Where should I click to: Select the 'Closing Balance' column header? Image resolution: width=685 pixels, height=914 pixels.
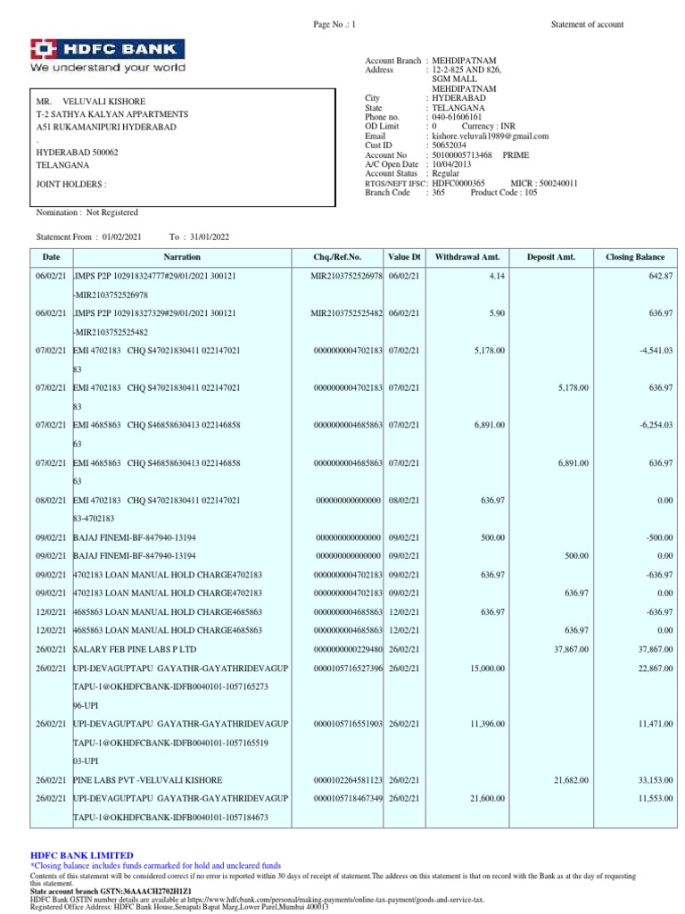pos(634,257)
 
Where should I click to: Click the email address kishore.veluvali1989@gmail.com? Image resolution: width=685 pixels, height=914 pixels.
pos(490,137)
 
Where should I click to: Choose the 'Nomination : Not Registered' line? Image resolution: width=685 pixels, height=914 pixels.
pos(87,212)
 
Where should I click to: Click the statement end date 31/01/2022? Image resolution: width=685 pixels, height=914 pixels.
pos(210,237)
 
